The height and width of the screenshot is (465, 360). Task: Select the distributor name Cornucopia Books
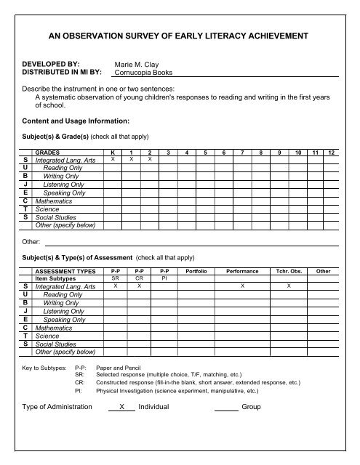pyautogui.click(x=148, y=73)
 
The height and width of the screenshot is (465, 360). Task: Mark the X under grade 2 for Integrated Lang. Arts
pyautogui.click(x=149, y=159)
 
